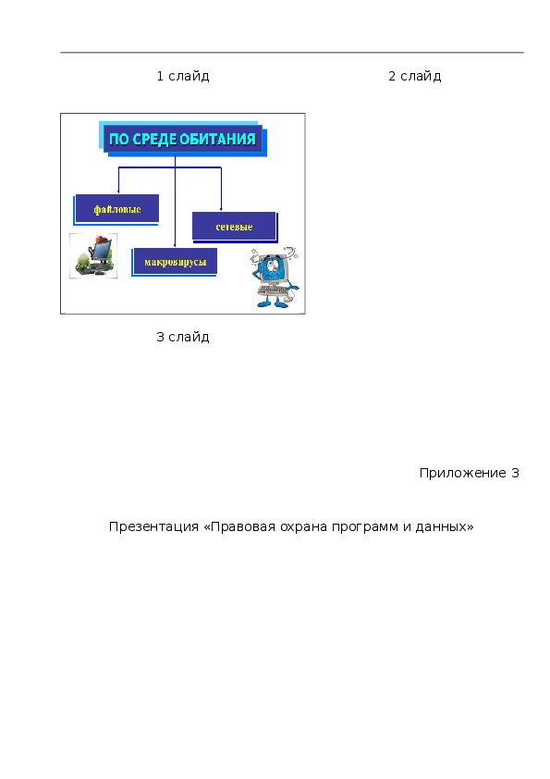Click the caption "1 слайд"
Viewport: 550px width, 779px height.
pos(183,76)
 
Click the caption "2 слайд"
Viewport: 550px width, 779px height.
pos(414,76)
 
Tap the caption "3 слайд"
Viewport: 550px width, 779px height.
pos(183,337)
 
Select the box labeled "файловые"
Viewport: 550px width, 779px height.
pos(117,209)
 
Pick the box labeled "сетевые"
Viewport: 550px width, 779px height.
pos(234,227)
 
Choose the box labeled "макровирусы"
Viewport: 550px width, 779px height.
pos(174,262)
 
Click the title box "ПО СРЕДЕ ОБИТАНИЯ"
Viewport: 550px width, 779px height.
pos(183,139)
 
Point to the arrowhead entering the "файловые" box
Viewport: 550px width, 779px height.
pos(118,192)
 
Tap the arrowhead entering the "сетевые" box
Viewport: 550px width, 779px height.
pos(221,209)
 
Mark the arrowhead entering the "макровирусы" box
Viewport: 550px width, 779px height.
pos(176,244)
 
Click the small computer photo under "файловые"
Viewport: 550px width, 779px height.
pos(93,256)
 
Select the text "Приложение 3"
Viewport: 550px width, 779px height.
pos(469,473)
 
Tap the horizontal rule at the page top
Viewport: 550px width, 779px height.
pos(292,52)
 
